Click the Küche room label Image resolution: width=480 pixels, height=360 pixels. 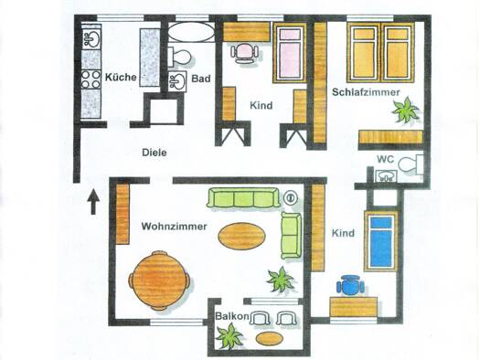(x=121, y=77)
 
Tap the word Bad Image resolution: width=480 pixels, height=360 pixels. (x=201, y=79)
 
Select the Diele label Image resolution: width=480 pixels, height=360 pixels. (x=155, y=153)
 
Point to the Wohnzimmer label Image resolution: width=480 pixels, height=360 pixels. (x=174, y=227)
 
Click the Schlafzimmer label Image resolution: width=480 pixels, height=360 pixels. (x=366, y=92)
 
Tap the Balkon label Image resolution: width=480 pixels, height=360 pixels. (x=231, y=316)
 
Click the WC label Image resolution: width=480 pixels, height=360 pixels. (x=385, y=159)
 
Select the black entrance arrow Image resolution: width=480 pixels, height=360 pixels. (x=93, y=202)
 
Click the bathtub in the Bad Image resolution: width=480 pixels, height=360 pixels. (x=192, y=32)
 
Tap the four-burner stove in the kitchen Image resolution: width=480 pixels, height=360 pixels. (x=91, y=79)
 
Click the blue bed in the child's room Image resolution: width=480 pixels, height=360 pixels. (x=381, y=241)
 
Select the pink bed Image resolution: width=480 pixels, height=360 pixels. (x=290, y=53)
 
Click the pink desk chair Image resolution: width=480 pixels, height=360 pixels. (x=244, y=53)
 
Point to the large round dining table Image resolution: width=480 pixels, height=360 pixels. (x=159, y=280)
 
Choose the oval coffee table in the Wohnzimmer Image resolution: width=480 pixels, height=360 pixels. (x=242, y=236)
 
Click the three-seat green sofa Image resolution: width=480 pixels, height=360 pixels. (x=243, y=198)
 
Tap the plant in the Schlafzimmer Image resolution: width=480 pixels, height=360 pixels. (x=405, y=110)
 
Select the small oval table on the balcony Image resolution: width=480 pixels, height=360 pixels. (x=270, y=338)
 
